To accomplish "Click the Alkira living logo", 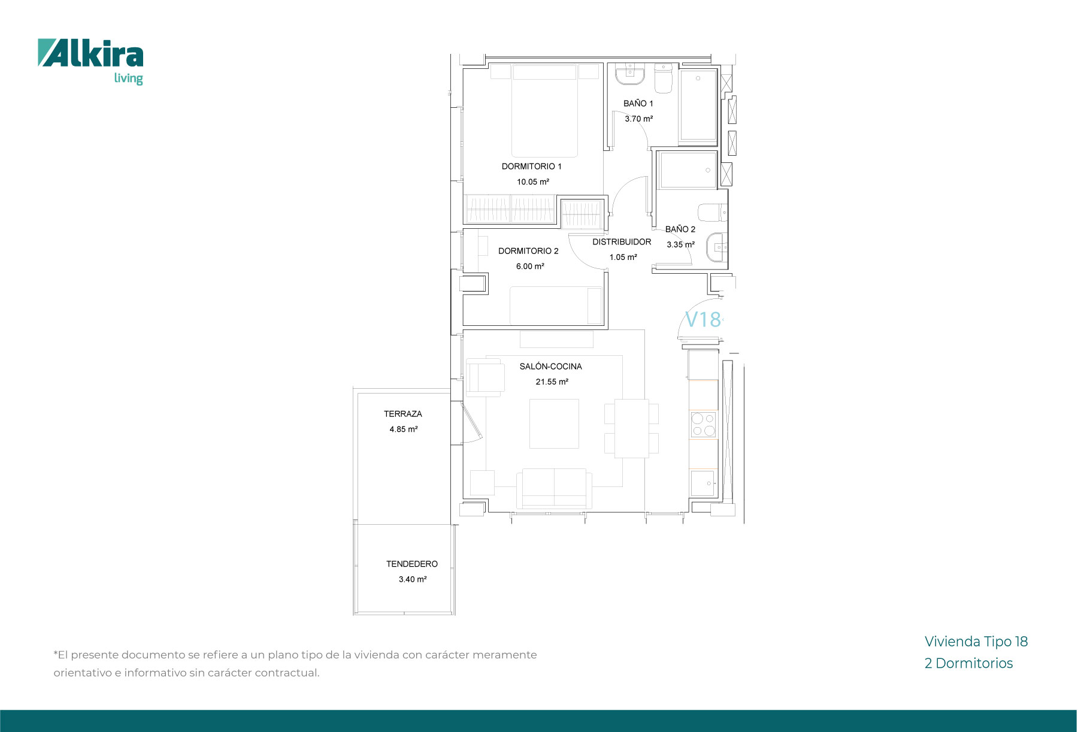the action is click(90, 62).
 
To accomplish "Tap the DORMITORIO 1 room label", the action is click(532, 167).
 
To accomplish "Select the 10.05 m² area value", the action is click(533, 182).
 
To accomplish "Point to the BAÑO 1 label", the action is click(638, 104).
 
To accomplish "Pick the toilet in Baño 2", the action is click(713, 212).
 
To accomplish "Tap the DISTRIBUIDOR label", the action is click(622, 242).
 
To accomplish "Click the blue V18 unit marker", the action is click(703, 319).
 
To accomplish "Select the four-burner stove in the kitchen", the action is click(704, 424).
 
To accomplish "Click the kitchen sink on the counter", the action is click(704, 483).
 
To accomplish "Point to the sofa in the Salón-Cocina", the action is click(554, 489).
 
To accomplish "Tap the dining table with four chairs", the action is click(631, 428).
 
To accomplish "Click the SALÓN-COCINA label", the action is click(550, 367).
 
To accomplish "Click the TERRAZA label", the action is click(403, 414).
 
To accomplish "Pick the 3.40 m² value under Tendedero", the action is click(413, 579).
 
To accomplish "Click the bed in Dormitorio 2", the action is click(556, 305).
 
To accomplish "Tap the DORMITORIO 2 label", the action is click(528, 251).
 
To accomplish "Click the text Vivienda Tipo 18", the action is click(976, 642).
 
